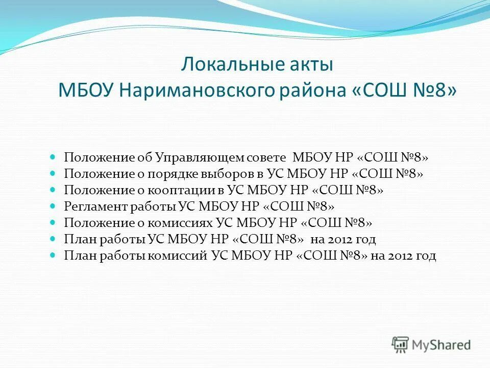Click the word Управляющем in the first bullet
pos(196,157)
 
